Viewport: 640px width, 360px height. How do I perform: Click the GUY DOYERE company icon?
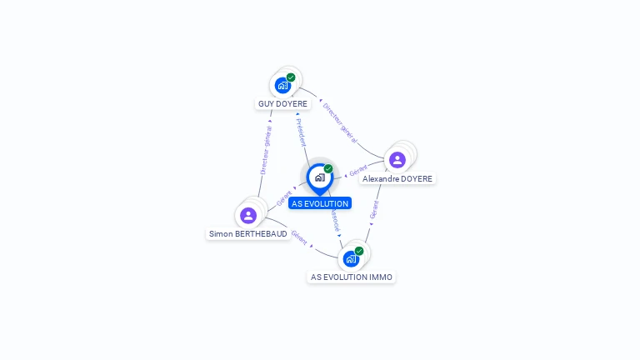[283, 85]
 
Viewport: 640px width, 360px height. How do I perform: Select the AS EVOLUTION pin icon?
[319, 177]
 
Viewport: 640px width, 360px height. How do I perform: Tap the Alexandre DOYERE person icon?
[397, 159]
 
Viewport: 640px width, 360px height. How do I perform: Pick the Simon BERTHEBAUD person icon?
[248, 215]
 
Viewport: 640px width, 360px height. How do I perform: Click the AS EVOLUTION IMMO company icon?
[351, 258]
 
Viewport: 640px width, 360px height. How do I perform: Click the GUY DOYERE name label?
[282, 104]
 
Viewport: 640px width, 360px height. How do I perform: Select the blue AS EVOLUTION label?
[320, 203]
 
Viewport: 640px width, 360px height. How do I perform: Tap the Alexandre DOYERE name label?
[397, 179]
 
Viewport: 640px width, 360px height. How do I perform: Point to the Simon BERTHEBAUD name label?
[248, 234]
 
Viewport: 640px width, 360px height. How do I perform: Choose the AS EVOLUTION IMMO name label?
[351, 277]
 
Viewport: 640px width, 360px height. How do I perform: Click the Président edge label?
[301, 132]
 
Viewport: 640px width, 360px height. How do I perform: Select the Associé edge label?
[334, 221]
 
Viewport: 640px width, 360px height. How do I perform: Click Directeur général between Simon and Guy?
[265, 150]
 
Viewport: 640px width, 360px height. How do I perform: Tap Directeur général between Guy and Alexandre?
[340, 122]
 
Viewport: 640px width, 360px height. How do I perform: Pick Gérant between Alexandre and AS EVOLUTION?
[358, 171]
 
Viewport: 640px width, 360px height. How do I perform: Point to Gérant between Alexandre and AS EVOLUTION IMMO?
[374, 209]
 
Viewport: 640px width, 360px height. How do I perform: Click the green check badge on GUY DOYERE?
[291, 77]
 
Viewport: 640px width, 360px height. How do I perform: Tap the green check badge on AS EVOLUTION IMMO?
[359, 251]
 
